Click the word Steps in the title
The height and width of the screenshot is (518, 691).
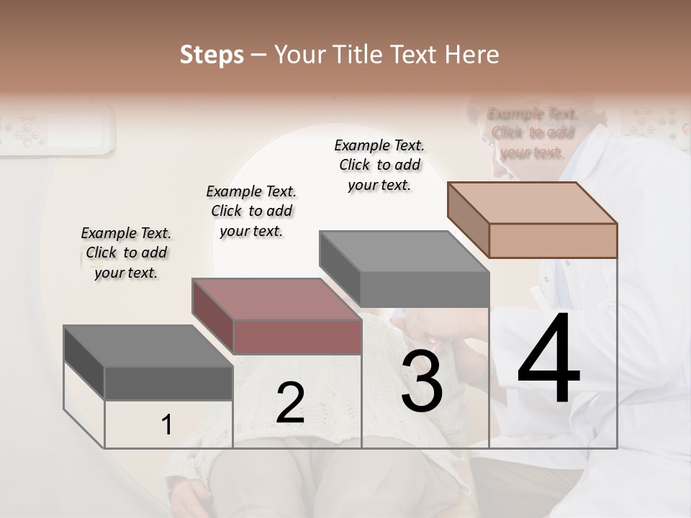(212, 55)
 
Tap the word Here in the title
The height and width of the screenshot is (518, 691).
(471, 55)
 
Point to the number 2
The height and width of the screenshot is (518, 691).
(290, 404)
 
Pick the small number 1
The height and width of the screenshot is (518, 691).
(167, 425)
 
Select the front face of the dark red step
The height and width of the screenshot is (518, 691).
(297, 337)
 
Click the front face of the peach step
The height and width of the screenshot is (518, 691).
(553, 240)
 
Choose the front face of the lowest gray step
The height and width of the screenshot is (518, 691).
(168, 383)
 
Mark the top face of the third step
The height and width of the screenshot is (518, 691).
(404, 251)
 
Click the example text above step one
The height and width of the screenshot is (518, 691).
(126, 253)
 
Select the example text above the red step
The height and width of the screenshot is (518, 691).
(251, 211)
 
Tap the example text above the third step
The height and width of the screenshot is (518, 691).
(379, 165)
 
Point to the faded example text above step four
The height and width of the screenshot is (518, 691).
(533, 133)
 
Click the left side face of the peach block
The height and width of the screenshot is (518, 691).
(468, 219)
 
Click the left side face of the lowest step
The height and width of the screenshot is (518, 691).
(84, 363)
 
